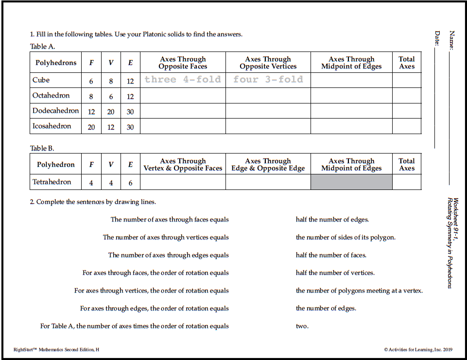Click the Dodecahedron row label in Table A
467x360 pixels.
(x=55, y=111)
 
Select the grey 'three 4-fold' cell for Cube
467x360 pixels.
(x=183, y=80)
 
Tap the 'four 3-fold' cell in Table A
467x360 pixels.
(x=268, y=80)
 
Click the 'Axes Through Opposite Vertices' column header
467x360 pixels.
(x=268, y=63)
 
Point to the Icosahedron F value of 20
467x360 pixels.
(x=91, y=127)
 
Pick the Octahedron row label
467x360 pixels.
(x=51, y=96)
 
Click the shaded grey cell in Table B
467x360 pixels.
(x=351, y=182)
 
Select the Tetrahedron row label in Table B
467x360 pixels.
(x=52, y=182)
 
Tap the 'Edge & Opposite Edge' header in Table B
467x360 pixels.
(x=268, y=165)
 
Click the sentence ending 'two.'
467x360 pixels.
(x=302, y=326)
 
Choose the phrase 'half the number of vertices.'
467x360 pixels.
(x=335, y=273)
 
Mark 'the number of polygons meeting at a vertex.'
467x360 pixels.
(x=359, y=291)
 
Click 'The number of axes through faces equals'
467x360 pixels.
(x=170, y=220)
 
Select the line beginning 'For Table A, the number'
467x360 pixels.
(x=134, y=326)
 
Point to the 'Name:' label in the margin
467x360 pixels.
(x=452, y=40)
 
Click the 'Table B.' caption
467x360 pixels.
(x=42, y=148)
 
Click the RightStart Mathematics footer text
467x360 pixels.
(x=56, y=349)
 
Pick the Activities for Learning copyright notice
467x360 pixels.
(x=418, y=349)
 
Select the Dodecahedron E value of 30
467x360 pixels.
(x=130, y=112)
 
